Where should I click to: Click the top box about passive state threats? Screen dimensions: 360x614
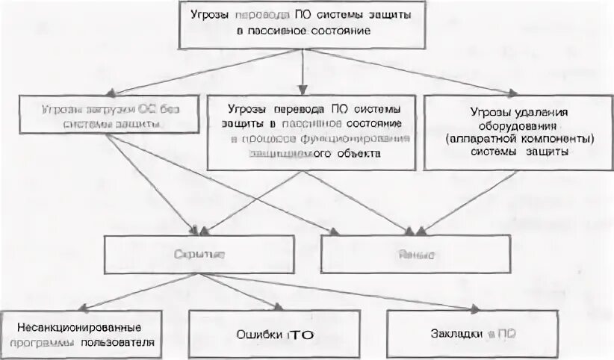tap(302, 25)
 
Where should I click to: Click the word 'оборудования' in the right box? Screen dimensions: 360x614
tap(515, 125)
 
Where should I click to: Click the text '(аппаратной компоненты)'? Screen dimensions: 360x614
tap(516, 138)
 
